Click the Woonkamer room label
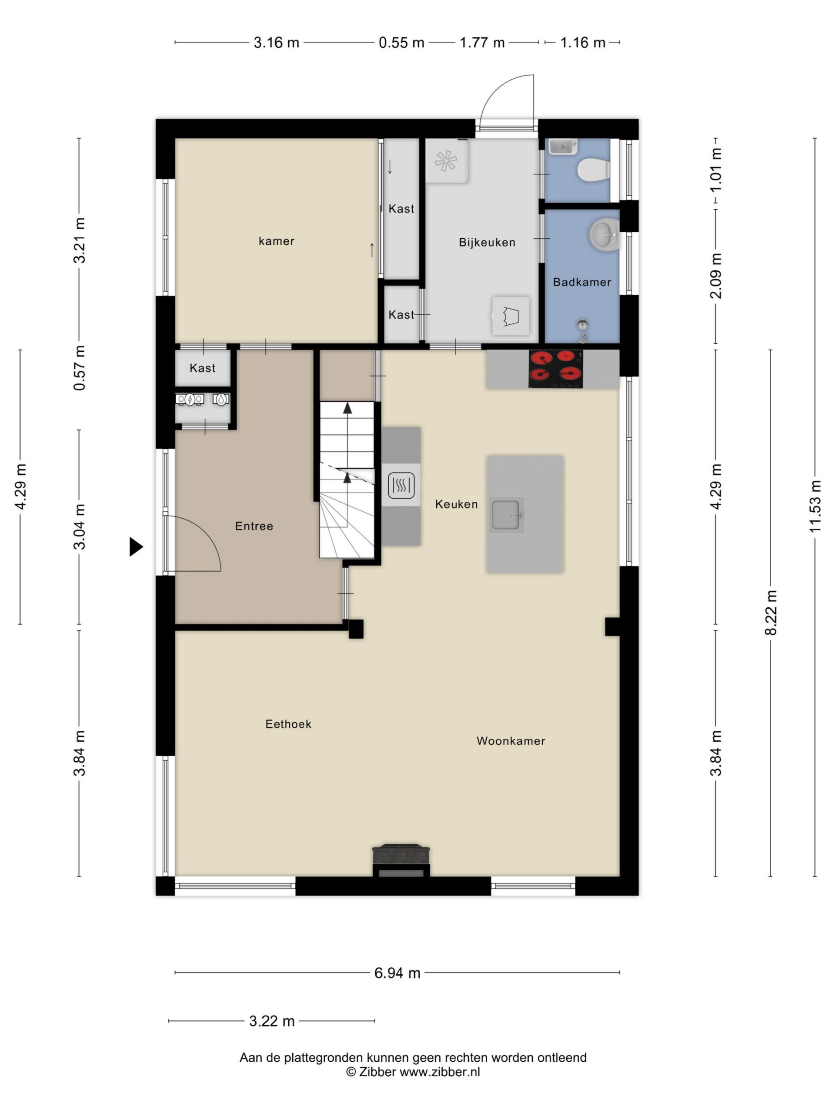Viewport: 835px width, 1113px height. (x=511, y=741)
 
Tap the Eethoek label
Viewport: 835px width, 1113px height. (x=288, y=724)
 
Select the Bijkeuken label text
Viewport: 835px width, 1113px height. (x=487, y=243)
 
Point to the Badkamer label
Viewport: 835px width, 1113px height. (x=582, y=282)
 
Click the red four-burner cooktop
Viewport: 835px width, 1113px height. (x=555, y=369)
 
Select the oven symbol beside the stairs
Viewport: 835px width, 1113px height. (x=401, y=485)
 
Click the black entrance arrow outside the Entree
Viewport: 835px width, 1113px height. (x=136, y=547)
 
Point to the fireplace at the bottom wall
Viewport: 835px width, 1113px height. (x=401, y=860)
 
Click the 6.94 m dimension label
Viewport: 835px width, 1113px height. (x=397, y=973)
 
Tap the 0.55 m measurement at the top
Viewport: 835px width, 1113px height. (x=401, y=43)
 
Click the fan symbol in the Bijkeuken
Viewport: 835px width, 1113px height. (x=446, y=162)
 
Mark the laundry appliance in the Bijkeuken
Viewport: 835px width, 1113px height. (x=511, y=316)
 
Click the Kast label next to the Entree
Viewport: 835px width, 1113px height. (x=202, y=368)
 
